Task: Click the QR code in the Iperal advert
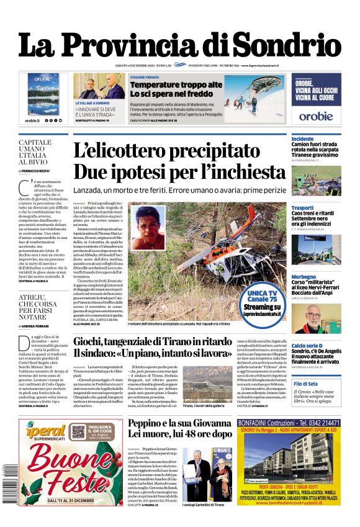coord(78,431)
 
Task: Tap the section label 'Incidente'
coord(303,138)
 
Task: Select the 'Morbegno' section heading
coord(305,276)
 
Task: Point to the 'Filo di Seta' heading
coord(305,384)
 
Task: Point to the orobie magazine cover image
coord(43,94)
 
